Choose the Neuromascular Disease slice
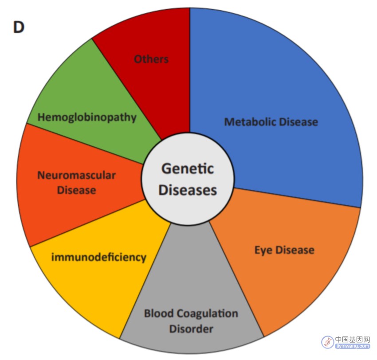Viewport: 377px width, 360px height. tap(75, 185)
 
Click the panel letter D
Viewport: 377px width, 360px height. tap(19, 27)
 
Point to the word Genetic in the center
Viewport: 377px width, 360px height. tap(188, 168)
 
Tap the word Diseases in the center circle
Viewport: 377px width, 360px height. tap(188, 190)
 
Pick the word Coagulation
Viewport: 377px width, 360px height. tap(208, 313)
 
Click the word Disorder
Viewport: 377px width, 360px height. tap(191, 329)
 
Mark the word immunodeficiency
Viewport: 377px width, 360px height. tap(99, 258)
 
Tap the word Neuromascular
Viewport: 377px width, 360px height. tap(76, 175)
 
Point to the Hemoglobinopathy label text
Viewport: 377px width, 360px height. tap(87, 118)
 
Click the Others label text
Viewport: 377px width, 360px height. tap(151, 59)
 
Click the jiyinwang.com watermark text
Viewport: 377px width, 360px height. tap(353, 346)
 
